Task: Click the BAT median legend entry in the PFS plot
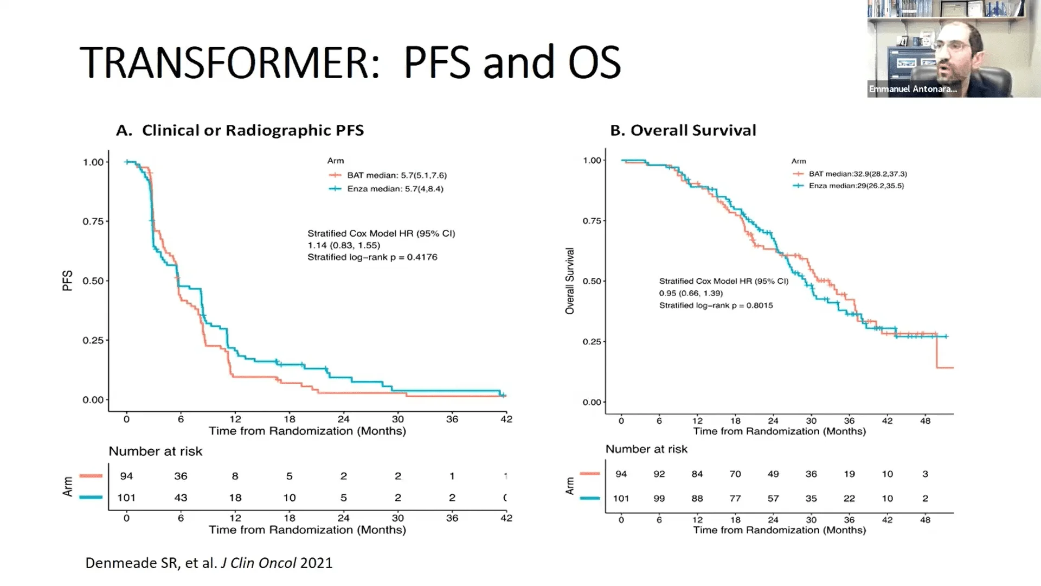point(396,175)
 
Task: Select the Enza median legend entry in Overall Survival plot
point(856,186)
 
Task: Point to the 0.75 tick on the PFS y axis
point(93,221)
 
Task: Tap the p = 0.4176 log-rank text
point(372,257)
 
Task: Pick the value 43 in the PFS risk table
point(181,498)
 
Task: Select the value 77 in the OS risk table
point(735,498)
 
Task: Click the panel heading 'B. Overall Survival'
point(683,130)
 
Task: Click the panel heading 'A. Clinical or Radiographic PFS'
point(240,130)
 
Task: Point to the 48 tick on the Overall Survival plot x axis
point(925,421)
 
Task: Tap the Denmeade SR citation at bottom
point(209,563)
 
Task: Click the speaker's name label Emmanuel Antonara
point(913,89)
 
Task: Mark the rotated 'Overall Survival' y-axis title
point(569,281)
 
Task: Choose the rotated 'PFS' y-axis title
point(67,281)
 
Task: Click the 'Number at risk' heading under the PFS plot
point(155,451)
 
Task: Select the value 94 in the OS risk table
point(621,474)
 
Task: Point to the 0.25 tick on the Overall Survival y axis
point(592,341)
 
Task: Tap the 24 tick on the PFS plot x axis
point(343,419)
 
